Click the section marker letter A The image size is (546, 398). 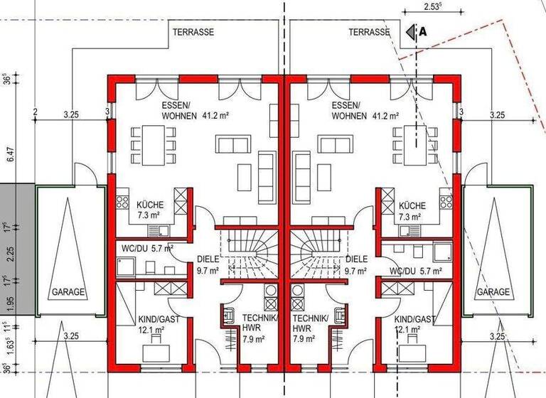423,31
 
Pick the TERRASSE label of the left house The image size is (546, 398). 193,32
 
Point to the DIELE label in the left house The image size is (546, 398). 208,259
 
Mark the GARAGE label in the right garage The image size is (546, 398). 493,292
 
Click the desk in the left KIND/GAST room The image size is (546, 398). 154,353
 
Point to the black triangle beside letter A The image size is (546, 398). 410,31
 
